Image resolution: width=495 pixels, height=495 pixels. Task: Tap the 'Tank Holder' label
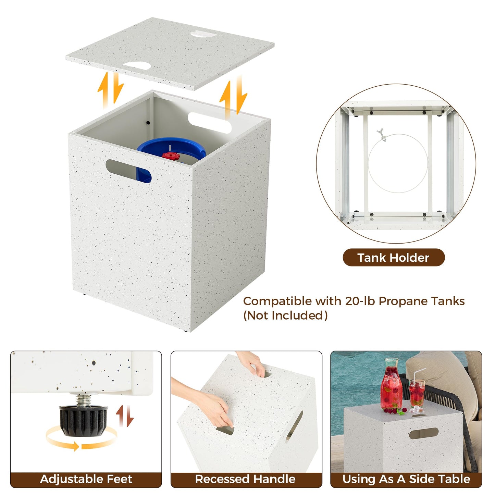[393, 258]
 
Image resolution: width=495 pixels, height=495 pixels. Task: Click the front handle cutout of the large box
[128, 171]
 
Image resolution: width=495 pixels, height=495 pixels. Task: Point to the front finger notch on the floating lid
[137, 65]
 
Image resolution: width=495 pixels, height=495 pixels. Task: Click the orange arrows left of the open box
[111, 90]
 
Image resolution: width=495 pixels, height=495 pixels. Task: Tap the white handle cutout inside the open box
[210, 123]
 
